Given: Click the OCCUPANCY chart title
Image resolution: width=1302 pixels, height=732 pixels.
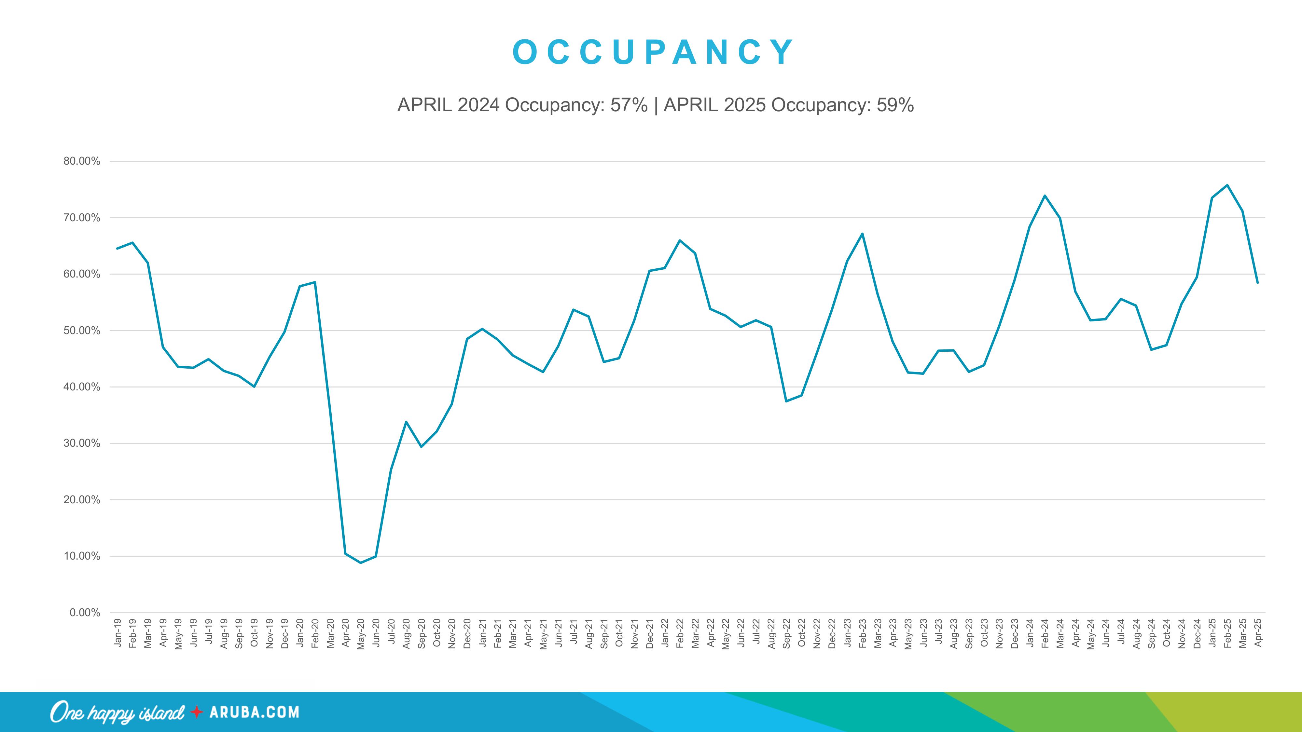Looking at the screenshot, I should tap(653, 52).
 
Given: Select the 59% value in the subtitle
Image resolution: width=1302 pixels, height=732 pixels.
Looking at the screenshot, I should tap(895, 105).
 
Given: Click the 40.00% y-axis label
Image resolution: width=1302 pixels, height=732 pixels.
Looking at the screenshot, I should tap(82, 387).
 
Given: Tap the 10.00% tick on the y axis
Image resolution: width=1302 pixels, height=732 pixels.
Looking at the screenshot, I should tap(82, 556).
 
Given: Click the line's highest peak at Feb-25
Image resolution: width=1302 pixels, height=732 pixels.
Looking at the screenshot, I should tap(1227, 185).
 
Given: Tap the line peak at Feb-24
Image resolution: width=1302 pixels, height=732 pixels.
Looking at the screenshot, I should tap(1045, 196).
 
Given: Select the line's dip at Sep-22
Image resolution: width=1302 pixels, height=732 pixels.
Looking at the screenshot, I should tap(786, 401).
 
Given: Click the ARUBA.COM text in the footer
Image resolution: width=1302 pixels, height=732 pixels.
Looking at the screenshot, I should tap(254, 712).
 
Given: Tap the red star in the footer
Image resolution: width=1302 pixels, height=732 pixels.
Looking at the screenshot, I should tap(197, 712).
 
